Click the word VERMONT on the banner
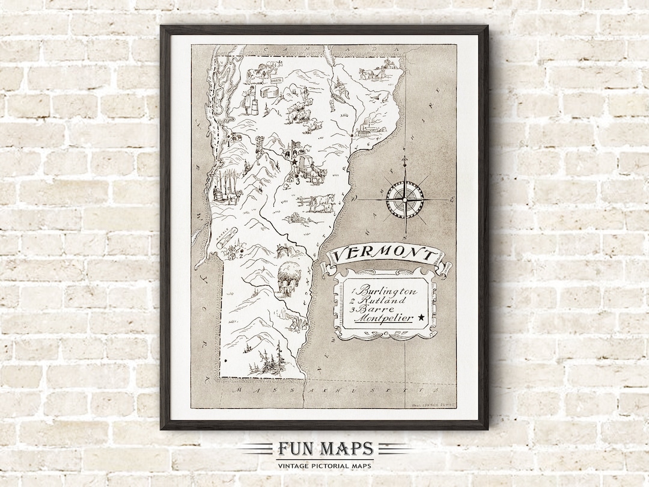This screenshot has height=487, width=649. click(384, 256)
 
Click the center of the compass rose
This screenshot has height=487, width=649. click(404, 198)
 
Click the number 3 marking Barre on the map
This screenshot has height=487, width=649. click(297, 179)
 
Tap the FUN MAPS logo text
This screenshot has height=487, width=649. click(325, 449)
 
